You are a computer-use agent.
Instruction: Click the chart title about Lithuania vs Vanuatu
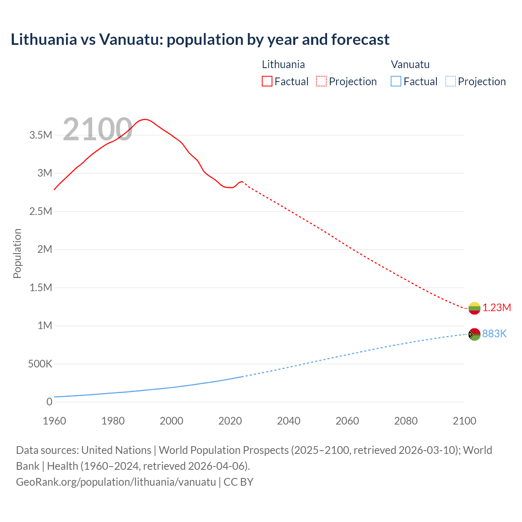click(x=200, y=40)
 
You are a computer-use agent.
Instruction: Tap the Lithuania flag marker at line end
click(x=474, y=308)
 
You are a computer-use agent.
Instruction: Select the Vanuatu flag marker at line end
click(x=474, y=334)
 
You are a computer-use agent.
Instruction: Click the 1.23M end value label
click(x=497, y=308)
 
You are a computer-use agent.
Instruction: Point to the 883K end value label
click(x=494, y=334)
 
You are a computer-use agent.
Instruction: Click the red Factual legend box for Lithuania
click(x=267, y=82)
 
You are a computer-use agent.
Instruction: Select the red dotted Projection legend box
click(x=321, y=82)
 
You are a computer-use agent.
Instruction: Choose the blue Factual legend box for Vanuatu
click(x=396, y=82)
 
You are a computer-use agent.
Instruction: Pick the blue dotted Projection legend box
click(x=450, y=82)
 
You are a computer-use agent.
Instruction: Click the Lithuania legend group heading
click(x=283, y=64)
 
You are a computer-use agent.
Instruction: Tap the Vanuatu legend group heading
click(x=410, y=64)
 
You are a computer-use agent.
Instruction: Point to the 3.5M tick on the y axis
click(x=41, y=135)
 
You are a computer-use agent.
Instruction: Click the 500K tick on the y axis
click(x=40, y=364)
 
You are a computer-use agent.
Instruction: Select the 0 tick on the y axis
click(x=49, y=402)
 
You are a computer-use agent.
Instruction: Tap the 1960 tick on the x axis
click(x=54, y=421)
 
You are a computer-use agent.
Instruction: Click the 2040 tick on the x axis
click(x=289, y=421)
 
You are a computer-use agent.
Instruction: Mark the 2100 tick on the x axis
click(x=464, y=421)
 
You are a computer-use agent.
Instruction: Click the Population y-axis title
click(x=17, y=253)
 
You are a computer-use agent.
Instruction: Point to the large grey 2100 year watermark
click(x=97, y=130)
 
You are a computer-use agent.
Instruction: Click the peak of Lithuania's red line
click(x=145, y=119)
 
